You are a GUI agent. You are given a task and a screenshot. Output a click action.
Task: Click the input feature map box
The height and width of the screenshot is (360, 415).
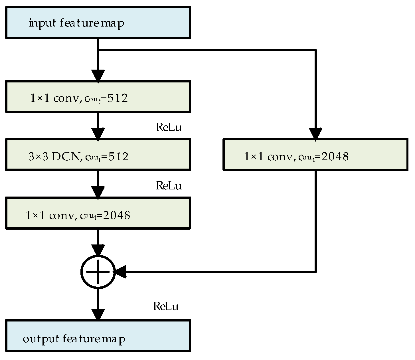[x=98, y=23]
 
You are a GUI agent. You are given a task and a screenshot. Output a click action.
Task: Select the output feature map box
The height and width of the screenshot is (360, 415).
[x=98, y=335]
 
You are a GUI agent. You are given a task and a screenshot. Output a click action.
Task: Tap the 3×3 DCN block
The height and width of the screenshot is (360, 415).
[x=98, y=155]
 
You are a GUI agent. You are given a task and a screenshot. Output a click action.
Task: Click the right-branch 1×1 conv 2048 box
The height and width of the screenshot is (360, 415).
[x=315, y=155]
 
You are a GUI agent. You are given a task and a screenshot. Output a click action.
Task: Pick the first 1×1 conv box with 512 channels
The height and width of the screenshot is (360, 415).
[x=98, y=96]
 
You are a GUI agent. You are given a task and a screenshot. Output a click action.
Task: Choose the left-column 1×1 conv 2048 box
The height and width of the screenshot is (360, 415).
[x=98, y=213]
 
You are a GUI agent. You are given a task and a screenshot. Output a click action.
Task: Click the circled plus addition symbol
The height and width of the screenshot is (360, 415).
[x=98, y=272]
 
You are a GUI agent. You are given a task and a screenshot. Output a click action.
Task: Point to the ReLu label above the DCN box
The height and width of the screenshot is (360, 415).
[x=169, y=127]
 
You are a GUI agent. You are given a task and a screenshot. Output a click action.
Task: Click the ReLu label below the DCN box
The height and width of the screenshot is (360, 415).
[x=169, y=186]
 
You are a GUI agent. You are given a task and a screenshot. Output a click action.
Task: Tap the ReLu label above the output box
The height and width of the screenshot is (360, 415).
[x=166, y=306]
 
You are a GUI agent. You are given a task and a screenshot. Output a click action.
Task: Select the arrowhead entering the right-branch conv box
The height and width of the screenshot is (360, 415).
[x=315, y=134]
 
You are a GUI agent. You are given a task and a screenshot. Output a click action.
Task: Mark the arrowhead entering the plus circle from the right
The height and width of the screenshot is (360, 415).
[x=120, y=272]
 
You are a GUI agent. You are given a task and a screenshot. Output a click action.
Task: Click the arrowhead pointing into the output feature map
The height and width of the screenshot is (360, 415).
[x=98, y=314]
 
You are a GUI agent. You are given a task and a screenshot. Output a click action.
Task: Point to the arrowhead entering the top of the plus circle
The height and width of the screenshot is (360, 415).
[x=98, y=250]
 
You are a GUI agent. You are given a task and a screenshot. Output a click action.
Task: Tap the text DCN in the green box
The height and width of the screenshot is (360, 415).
[x=66, y=156]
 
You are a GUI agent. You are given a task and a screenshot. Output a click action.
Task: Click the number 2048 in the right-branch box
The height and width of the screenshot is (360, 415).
[x=335, y=156]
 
